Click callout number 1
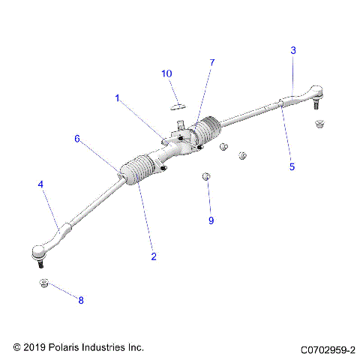pos(117,97)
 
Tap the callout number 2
pos(154,256)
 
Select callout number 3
pos(293,50)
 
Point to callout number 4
pos(40,184)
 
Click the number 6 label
pos(76,139)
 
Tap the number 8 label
pos(81,299)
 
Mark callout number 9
pos(211,220)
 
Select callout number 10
pos(166,73)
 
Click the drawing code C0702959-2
pos(328,349)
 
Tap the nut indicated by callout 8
pos(43,283)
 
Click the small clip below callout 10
pos(178,103)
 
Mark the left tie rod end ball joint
pos(38,253)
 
